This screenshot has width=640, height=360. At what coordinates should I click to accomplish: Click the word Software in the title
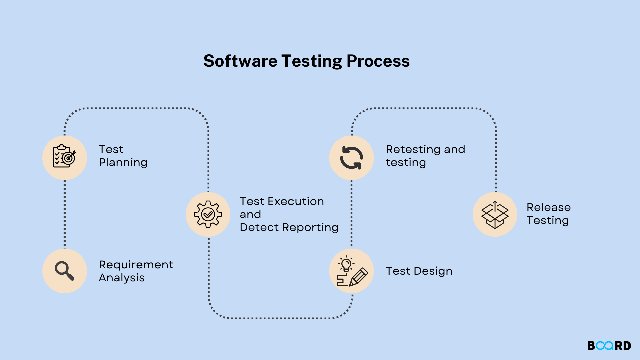pyautogui.click(x=240, y=61)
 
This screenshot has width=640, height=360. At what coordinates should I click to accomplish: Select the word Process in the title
pyautogui.click(x=378, y=61)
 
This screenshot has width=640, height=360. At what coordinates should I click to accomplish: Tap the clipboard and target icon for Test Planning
pyautogui.click(x=65, y=156)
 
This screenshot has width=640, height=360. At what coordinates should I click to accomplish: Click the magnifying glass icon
pyautogui.click(x=65, y=271)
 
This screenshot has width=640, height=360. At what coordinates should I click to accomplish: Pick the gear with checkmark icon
pyautogui.click(x=208, y=214)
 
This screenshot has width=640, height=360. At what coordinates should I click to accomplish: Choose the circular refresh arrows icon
pyautogui.click(x=351, y=158)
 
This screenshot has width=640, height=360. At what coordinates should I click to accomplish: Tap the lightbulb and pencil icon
pyautogui.click(x=352, y=271)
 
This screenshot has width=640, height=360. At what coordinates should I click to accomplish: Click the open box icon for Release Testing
pyautogui.click(x=495, y=215)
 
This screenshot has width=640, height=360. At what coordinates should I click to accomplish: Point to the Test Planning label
pyautogui.click(x=123, y=156)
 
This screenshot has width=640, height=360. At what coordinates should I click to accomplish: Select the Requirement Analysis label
pyautogui.click(x=136, y=271)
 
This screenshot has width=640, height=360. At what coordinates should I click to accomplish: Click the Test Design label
pyautogui.click(x=419, y=271)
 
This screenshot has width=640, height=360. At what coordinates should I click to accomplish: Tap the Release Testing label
pyautogui.click(x=549, y=214)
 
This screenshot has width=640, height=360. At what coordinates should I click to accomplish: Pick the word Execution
pyautogui.click(x=296, y=201)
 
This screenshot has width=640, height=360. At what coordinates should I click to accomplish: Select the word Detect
pyautogui.click(x=259, y=227)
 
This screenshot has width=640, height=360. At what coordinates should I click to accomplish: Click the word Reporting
pyautogui.click(x=310, y=228)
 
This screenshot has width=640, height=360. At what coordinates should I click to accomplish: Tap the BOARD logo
pyautogui.click(x=609, y=346)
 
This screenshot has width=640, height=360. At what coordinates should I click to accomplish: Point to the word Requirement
pyautogui.click(x=136, y=265)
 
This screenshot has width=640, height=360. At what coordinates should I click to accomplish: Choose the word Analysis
pyautogui.click(x=122, y=278)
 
